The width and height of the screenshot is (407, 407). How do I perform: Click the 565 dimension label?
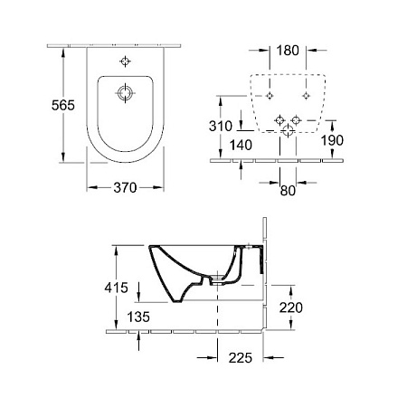coord(63,105)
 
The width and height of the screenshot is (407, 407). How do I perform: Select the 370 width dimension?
coord(125,188)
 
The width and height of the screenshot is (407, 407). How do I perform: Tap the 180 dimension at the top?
coord(288,51)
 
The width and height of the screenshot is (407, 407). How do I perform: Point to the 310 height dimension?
coord(221,126)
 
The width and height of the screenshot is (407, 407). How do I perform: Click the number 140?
coord(241,145)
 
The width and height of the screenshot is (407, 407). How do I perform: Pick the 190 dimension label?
coord(332,140)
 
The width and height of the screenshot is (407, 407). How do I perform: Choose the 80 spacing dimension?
coord(288,191)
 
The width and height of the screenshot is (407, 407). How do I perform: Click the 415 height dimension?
coord(117,288)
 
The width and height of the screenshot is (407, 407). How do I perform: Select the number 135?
coord(138,317)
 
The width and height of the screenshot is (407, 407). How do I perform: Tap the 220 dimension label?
coord(291,308)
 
